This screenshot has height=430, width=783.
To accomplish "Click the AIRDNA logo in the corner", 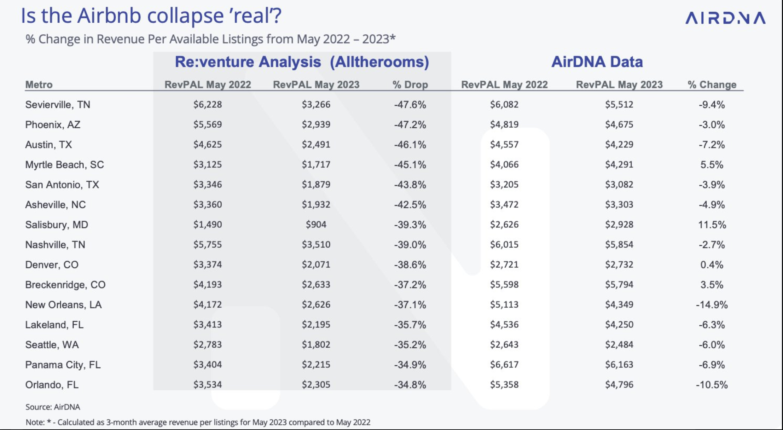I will (725, 18).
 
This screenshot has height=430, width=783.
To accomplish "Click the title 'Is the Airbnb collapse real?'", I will (151, 16).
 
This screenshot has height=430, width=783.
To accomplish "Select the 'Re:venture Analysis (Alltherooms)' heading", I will (302, 62).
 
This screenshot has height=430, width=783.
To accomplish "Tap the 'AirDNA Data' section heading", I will (597, 62).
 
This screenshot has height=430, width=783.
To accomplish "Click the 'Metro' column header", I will (39, 85).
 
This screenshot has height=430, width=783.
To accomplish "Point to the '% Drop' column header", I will (410, 85).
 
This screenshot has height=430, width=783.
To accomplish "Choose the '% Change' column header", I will (712, 85).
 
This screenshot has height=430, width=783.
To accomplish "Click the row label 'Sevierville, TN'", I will (58, 105).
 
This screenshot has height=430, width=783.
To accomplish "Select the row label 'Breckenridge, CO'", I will (65, 285).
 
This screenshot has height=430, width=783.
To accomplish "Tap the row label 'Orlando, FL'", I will (52, 385).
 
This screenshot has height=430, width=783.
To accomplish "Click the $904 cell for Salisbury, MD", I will (316, 225).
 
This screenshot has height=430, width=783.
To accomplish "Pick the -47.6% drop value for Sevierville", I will (410, 105).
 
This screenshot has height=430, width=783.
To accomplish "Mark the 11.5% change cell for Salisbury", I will (712, 225).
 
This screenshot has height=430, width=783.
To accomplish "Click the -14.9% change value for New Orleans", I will (712, 305).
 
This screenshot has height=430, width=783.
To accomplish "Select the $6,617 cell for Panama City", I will (504, 365).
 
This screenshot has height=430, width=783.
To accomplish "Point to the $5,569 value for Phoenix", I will (208, 124).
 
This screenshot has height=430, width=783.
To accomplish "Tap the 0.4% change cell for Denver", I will (712, 265).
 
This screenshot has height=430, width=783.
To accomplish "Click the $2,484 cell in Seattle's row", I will (619, 345).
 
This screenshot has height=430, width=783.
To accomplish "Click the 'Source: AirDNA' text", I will (53, 407).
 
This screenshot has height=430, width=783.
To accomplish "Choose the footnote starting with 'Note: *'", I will (198, 422).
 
